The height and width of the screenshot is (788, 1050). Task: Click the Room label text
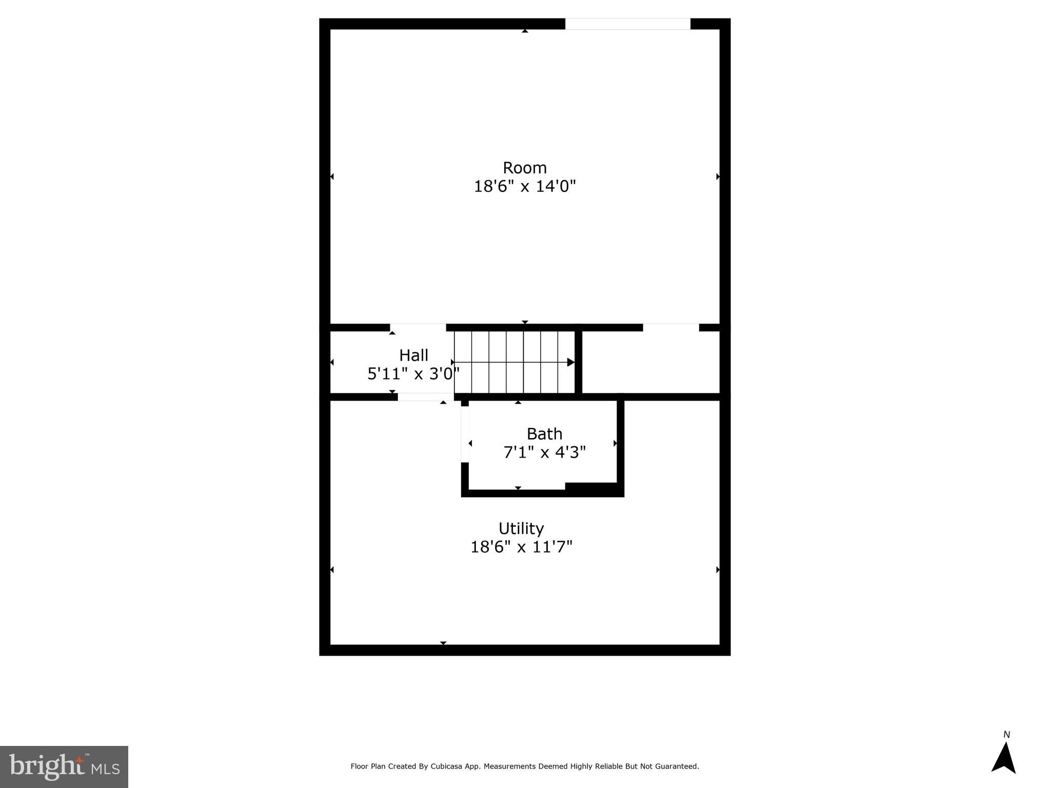point(524,168)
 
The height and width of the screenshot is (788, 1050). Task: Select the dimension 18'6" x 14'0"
point(524,186)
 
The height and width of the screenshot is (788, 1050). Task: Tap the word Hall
point(413,355)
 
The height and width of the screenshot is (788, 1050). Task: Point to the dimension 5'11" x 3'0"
point(413,374)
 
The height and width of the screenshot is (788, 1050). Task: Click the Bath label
point(544,434)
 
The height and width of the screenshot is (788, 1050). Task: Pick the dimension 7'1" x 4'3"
point(544,452)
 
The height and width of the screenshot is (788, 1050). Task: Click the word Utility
point(521,528)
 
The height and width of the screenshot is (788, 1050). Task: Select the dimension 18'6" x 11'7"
point(521,547)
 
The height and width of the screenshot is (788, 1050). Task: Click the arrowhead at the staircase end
point(570,362)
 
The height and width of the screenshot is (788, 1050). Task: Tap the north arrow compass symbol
point(1003,758)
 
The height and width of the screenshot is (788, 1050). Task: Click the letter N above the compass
point(1006,735)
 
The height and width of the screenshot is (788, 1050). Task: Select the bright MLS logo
point(64,766)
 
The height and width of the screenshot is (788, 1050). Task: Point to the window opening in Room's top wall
point(627,24)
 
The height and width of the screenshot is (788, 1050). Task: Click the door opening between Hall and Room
point(418,327)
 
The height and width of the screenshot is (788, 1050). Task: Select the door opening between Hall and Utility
point(426,397)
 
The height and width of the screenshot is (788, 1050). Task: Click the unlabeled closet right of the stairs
point(650,362)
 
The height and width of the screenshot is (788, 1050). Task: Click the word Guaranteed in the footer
point(677,766)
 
